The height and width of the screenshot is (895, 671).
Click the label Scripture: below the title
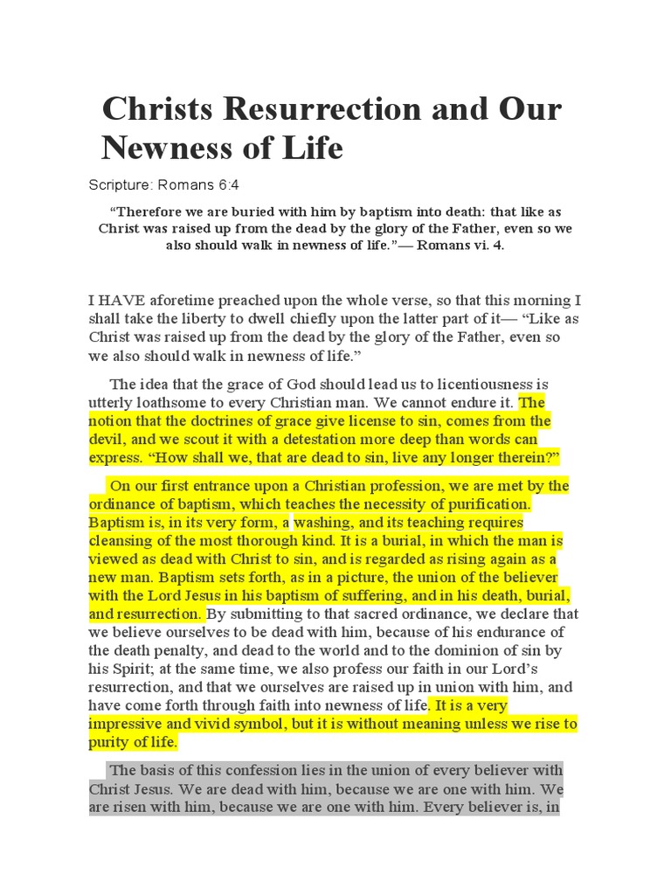pos(119,186)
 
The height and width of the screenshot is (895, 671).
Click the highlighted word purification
pos(490,504)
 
